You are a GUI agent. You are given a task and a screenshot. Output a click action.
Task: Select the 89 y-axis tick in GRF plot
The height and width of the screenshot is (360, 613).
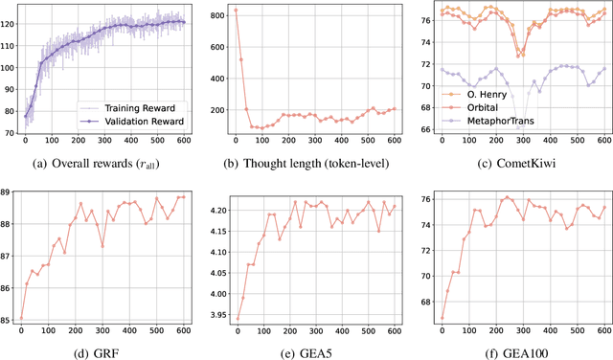point(9,193)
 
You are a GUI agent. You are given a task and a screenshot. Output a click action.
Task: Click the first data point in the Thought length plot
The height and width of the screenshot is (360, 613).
point(236,11)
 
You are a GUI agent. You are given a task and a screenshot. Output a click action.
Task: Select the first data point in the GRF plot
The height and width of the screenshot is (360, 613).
point(22,318)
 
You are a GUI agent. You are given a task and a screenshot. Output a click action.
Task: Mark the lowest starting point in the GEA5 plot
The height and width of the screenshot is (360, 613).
point(237,318)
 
